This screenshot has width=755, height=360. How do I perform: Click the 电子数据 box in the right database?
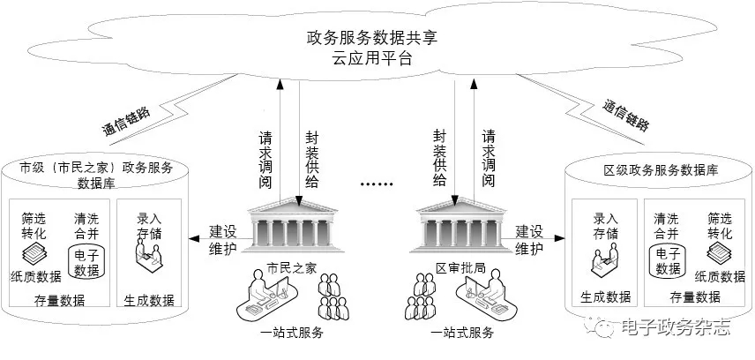pyautogui.click(x=665, y=262)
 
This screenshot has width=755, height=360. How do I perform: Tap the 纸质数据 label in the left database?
pyautogui.click(x=36, y=276)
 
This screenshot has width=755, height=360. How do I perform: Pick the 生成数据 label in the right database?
pyautogui.click(x=605, y=296)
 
